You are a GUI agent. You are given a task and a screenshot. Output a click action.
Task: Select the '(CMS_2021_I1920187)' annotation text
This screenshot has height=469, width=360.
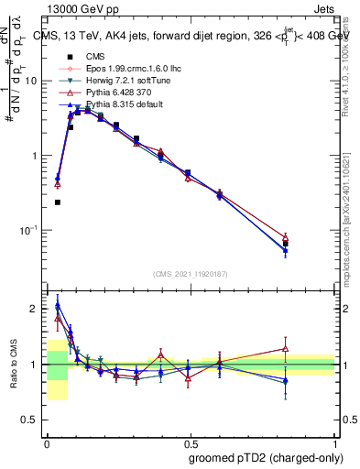pyautogui.click(x=191, y=272)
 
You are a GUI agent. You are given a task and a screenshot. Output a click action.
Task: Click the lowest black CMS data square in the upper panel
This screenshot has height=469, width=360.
pyautogui.click(x=58, y=202)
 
